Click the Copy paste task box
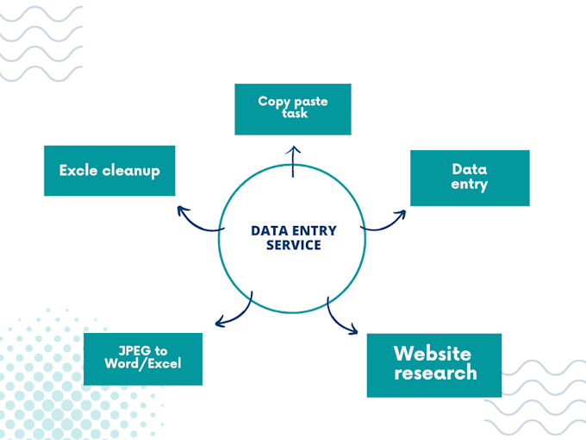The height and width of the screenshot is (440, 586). click(293, 109)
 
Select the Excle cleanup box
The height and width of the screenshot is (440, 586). click(109, 171)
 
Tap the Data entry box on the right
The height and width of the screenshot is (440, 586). click(470, 178)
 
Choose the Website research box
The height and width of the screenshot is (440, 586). click(434, 365)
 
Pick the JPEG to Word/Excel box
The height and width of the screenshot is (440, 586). click(143, 359)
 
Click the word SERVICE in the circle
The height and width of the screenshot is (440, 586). click(293, 245)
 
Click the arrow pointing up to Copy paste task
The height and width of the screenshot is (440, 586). click(293, 161)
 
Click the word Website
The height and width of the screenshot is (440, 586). click(433, 354)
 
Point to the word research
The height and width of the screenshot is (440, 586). click(435, 373)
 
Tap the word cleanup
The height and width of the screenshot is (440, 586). click(131, 171)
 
